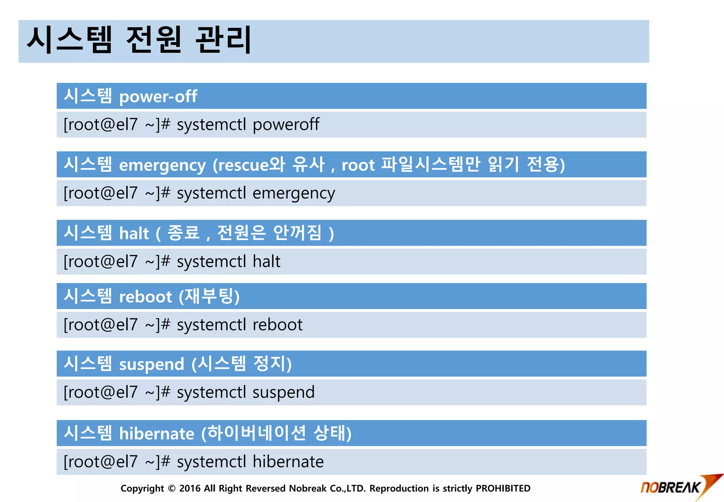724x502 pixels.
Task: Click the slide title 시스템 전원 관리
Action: (x=139, y=40)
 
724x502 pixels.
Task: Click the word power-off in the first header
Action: (x=158, y=97)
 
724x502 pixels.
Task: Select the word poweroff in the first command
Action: (x=286, y=125)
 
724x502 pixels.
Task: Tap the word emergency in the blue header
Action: (x=162, y=165)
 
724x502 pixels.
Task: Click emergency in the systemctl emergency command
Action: (x=293, y=194)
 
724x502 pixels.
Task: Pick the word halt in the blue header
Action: (x=134, y=234)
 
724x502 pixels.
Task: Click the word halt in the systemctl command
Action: (x=266, y=262)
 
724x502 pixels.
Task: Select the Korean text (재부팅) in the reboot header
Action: (x=209, y=296)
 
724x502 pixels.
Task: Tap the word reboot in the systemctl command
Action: (x=278, y=325)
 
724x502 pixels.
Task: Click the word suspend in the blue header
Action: (x=152, y=364)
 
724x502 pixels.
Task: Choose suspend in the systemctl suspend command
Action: (x=283, y=393)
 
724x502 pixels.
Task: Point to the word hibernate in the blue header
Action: (x=157, y=434)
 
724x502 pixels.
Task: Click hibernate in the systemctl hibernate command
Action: (x=288, y=462)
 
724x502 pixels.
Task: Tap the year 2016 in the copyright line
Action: (x=190, y=489)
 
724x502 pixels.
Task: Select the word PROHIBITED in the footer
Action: (x=503, y=489)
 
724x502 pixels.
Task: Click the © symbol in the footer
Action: (x=172, y=489)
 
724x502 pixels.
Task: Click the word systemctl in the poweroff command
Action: (x=211, y=125)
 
